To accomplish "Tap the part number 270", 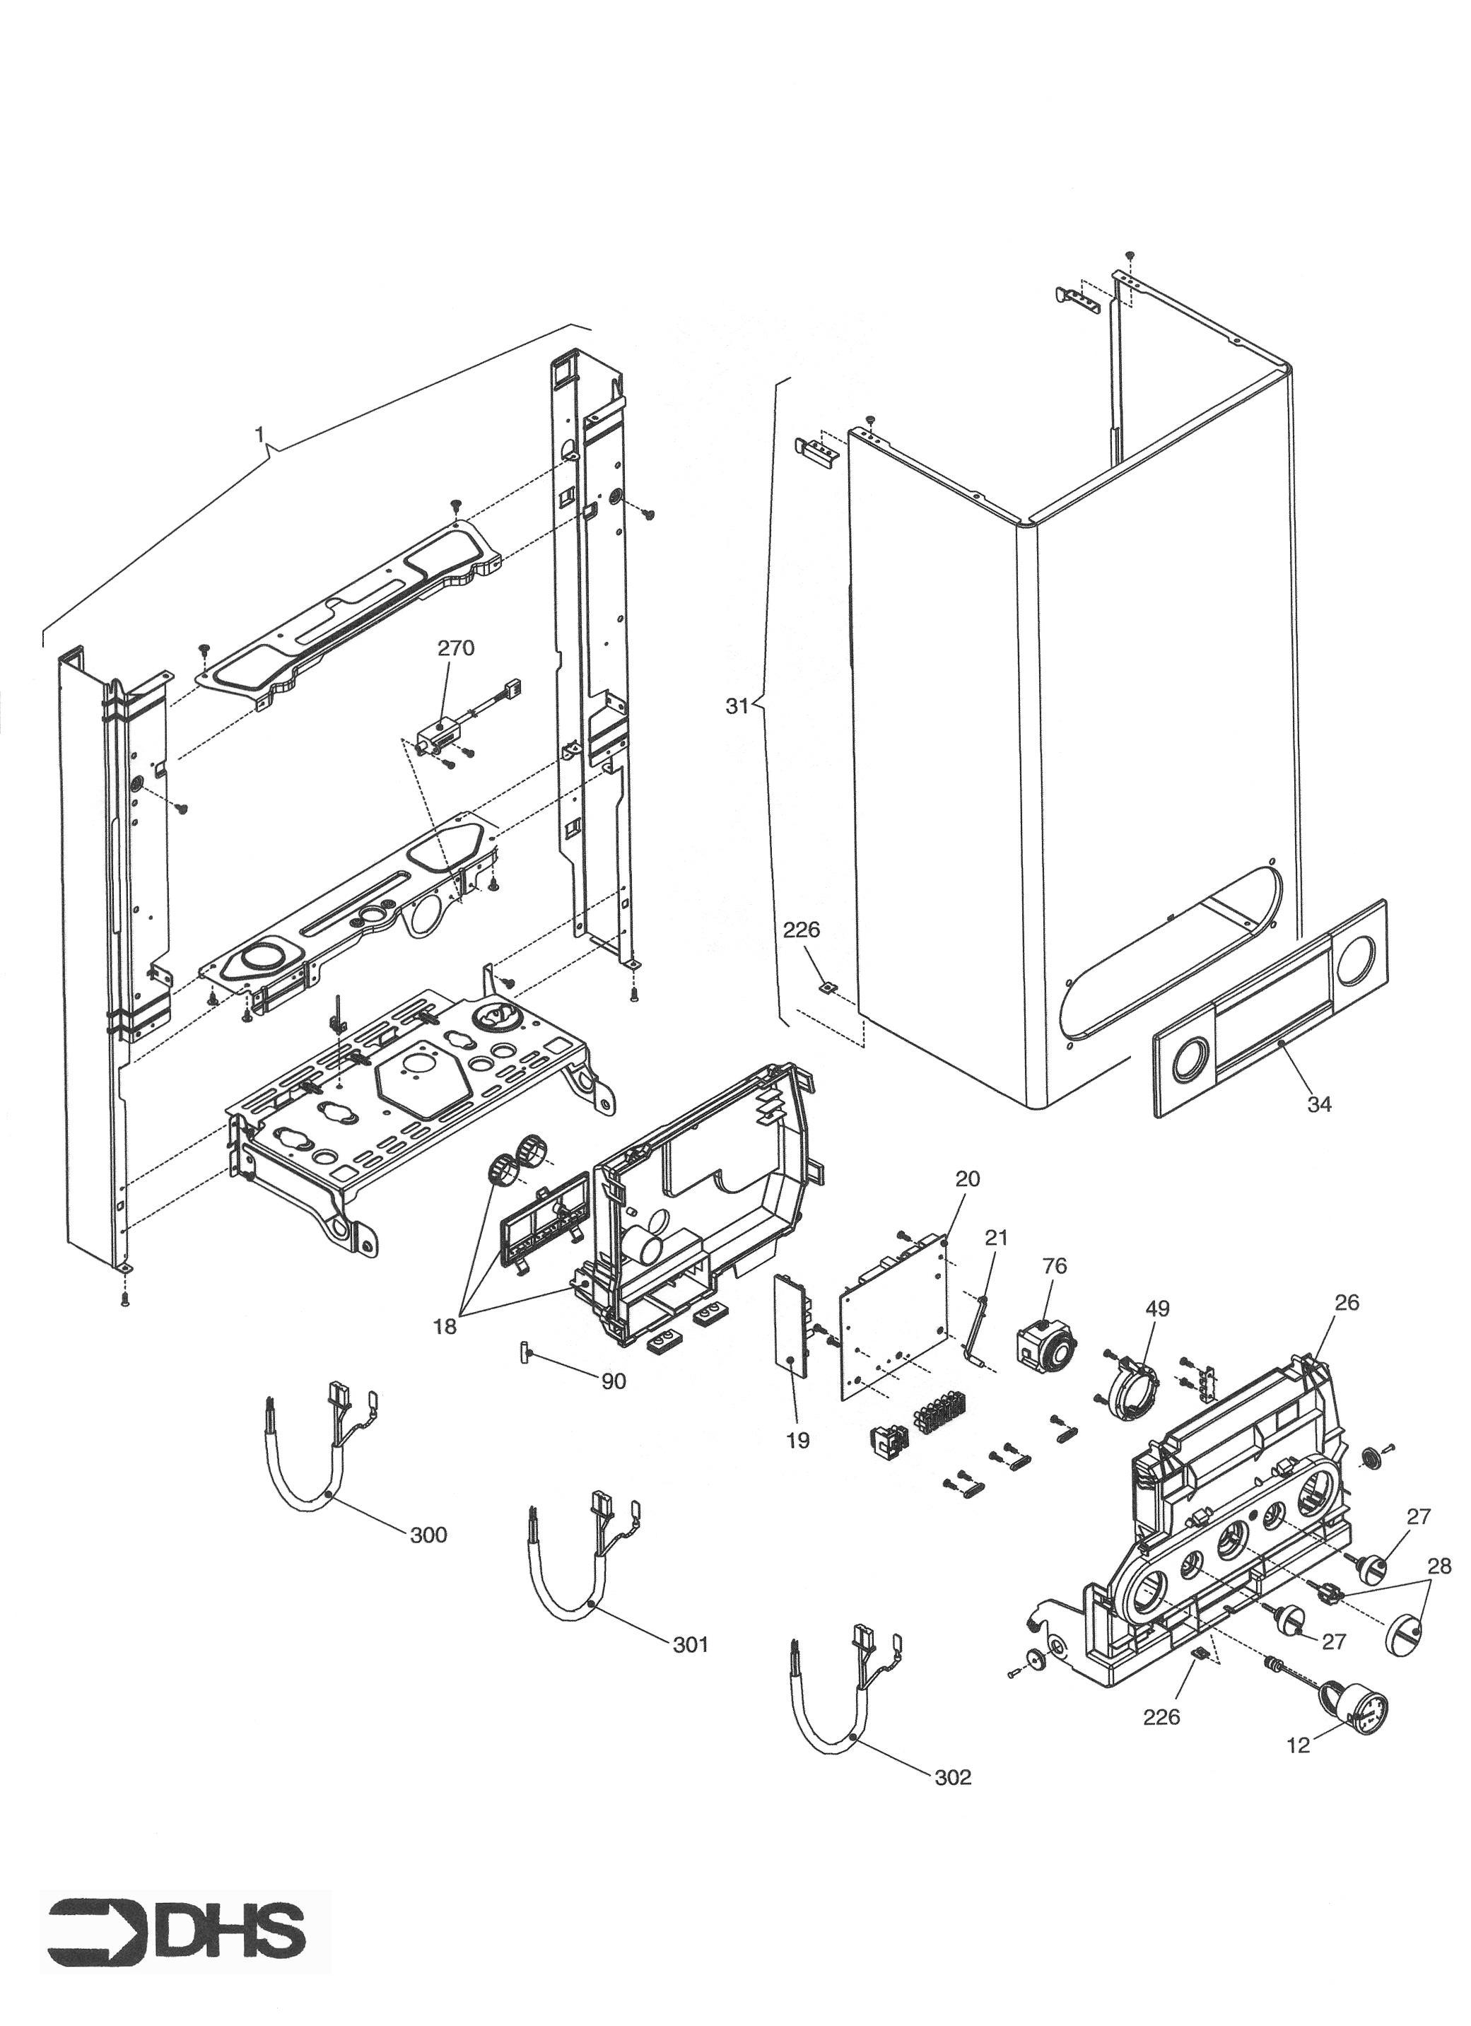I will coord(455,648).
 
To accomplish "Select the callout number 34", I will coord(1319,1105).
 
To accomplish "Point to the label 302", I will coord(952,1778).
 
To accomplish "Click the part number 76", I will coord(1054,1266).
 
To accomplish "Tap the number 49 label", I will coord(1158,1308).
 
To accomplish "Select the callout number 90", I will coord(613,1381).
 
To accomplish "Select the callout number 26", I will coord(1346,1302).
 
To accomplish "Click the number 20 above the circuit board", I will coord(967,1178).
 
